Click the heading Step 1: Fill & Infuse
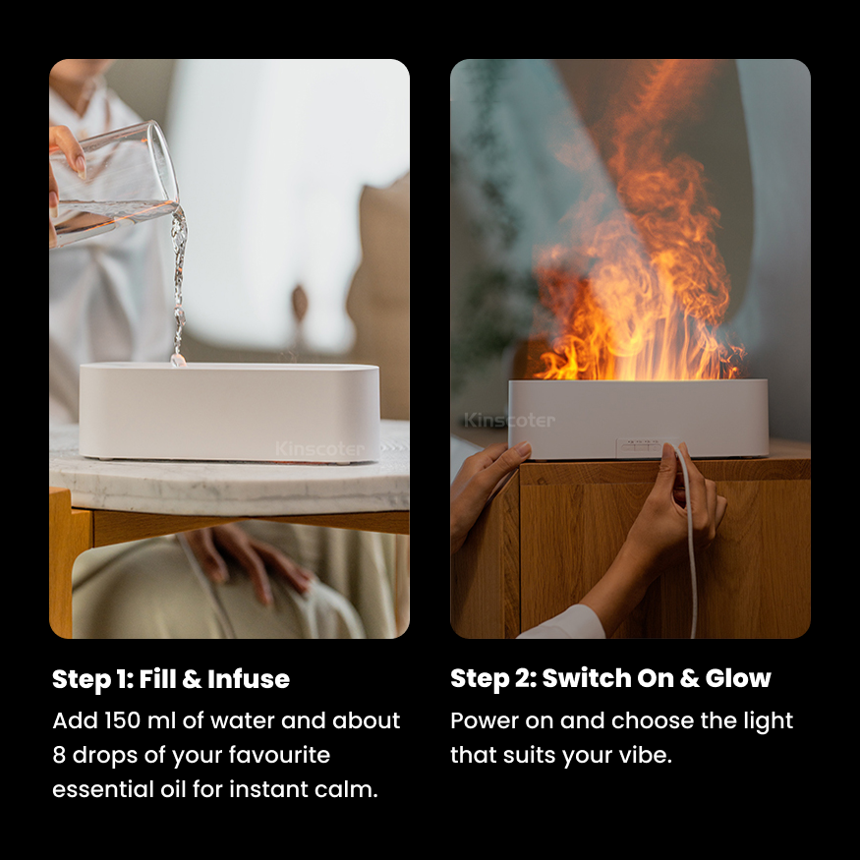171,679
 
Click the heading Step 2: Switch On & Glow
610,678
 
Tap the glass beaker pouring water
113,182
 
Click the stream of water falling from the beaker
178,285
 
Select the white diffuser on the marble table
228,411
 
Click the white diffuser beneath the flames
638,418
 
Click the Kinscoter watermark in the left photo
319,449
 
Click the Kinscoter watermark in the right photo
509,421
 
